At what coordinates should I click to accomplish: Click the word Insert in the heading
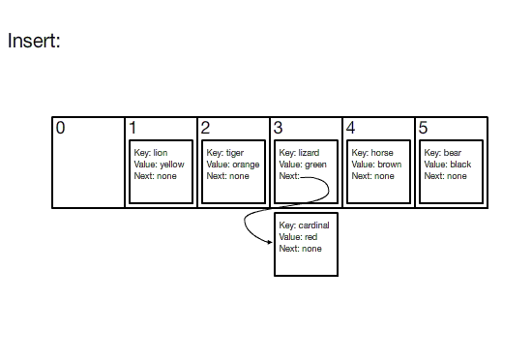click(34, 41)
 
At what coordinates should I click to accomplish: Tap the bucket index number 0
click(60, 128)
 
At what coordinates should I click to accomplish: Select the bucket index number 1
click(133, 128)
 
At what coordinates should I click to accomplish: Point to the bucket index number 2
click(205, 128)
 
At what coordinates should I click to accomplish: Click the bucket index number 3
click(278, 128)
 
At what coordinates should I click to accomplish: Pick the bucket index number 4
click(350, 128)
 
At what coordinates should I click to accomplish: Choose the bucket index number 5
click(423, 128)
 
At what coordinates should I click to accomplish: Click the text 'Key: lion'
click(151, 153)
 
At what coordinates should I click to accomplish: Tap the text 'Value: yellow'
click(160, 165)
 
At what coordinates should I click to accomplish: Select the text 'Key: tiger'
click(225, 153)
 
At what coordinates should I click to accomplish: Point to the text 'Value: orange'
click(233, 165)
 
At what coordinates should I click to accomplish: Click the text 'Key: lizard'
click(299, 153)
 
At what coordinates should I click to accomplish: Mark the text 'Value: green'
click(303, 165)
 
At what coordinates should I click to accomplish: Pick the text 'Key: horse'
click(372, 153)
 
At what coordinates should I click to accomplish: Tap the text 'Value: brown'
click(376, 165)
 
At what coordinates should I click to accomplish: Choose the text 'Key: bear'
click(443, 153)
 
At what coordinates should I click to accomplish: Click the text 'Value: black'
click(448, 165)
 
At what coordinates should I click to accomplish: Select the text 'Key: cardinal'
click(305, 225)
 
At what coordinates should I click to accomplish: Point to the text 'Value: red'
click(298, 237)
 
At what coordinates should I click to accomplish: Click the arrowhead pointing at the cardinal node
click(270, 242)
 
